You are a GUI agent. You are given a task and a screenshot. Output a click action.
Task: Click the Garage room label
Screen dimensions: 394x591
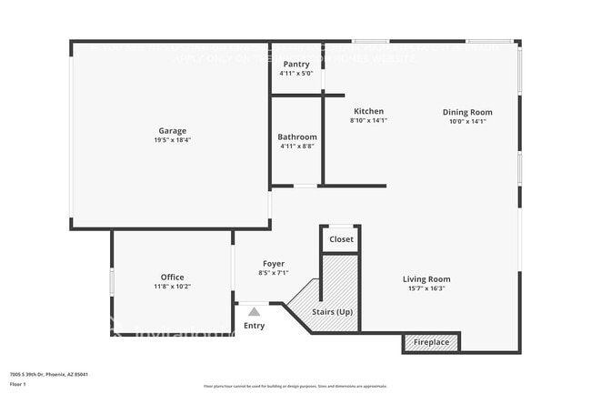[173, 131]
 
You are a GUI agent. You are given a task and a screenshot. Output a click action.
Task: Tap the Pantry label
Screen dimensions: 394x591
[296, 64]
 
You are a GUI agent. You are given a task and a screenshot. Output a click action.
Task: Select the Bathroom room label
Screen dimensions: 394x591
[297, 136]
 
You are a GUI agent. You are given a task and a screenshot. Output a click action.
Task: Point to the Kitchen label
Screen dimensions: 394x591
[368, 111]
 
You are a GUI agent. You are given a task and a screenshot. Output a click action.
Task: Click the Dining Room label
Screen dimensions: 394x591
[467, 112]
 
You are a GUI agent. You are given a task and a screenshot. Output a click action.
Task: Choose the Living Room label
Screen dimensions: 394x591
[426, 279]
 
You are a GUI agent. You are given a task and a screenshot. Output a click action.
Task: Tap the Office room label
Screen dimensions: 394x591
[173, 278]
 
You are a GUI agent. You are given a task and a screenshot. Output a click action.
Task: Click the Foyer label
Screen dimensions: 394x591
[274, 263]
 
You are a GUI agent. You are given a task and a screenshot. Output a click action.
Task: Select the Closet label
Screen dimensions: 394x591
[342, 239]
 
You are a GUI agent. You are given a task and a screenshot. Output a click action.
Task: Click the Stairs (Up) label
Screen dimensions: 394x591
[332, 312]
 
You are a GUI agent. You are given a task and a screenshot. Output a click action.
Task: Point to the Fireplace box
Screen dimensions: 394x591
[431, 342]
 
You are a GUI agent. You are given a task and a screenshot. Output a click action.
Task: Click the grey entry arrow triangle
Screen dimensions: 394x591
[255, 311]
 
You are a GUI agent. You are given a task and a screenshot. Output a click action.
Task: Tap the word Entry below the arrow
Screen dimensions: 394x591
[255, 326]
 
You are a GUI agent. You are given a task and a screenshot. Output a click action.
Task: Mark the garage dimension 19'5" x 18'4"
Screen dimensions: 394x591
[173, 141]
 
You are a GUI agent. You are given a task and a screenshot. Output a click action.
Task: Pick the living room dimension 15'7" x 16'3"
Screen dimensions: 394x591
[426, 289]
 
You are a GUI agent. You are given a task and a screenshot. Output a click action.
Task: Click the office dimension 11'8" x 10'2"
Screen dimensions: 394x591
[173, 288]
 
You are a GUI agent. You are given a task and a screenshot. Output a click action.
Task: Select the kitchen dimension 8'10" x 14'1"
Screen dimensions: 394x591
[368, 121]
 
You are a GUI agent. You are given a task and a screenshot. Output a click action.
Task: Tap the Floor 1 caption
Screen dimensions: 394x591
[18, 384]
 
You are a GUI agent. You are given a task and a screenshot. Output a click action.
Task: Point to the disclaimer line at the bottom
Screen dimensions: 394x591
[295, 387]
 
